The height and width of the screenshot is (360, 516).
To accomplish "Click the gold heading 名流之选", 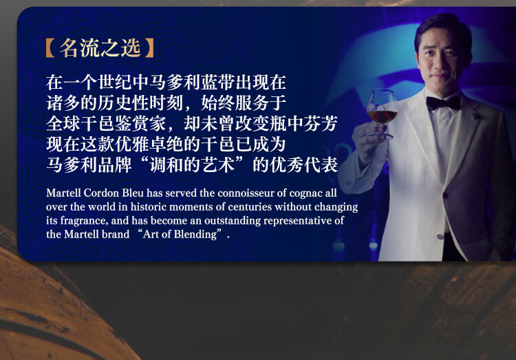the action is [100, 48].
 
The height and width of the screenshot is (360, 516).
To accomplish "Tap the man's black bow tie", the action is [443, 103].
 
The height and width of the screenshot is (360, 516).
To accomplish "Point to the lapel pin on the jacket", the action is [475, 113].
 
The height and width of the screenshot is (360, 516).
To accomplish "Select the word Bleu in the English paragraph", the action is [133, 193].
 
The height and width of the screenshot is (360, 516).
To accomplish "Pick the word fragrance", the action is [83, 221].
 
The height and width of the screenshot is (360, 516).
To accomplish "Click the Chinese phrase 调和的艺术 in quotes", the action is [192, 165].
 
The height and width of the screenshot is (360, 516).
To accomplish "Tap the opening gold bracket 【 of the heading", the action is [50, 48].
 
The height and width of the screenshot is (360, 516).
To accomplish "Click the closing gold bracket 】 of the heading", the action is [149, 48].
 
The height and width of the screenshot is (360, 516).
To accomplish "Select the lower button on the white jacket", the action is [440, 236].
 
